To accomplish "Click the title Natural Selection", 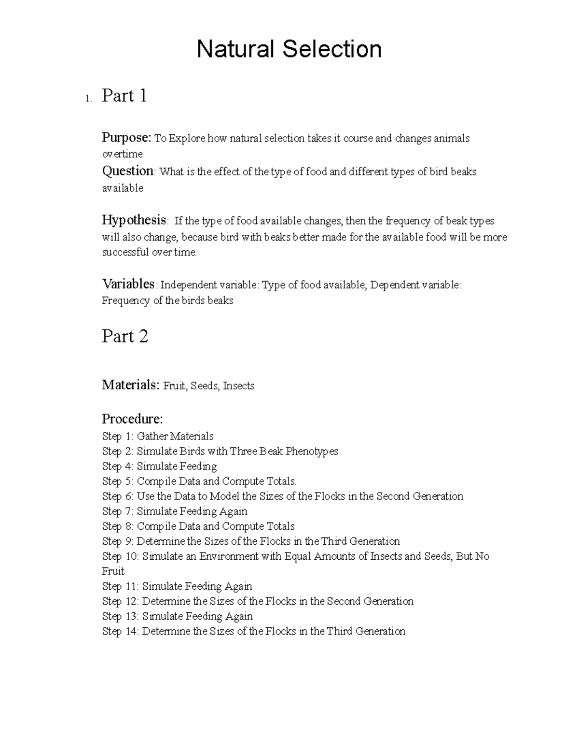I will pos(289,49).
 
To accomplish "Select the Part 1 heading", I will pos(124,96).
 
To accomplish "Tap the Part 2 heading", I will pos(124,336).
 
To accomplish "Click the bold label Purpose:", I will pos(127,138).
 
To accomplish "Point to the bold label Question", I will pos(128,171).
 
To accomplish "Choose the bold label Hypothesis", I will pos(134,220).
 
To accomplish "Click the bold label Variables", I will pos(128,284).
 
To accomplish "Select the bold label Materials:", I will pos(130,385).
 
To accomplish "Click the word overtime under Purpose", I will pos(122,154).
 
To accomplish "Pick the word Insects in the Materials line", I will pos(238,386).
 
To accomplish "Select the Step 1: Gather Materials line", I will pos(158,437).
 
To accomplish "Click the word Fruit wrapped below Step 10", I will pos(113,571).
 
